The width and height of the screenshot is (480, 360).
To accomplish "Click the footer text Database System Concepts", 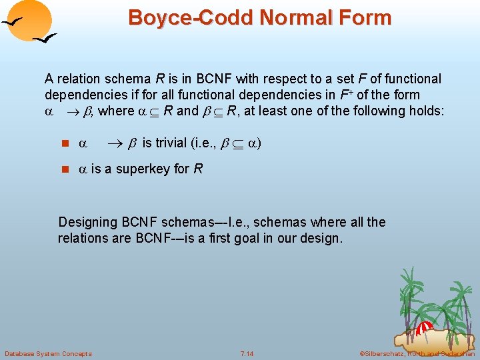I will click(48, 353).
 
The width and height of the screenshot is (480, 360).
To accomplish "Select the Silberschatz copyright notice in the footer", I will click(417, 353).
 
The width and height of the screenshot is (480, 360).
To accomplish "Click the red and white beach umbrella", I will click(425, 329).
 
